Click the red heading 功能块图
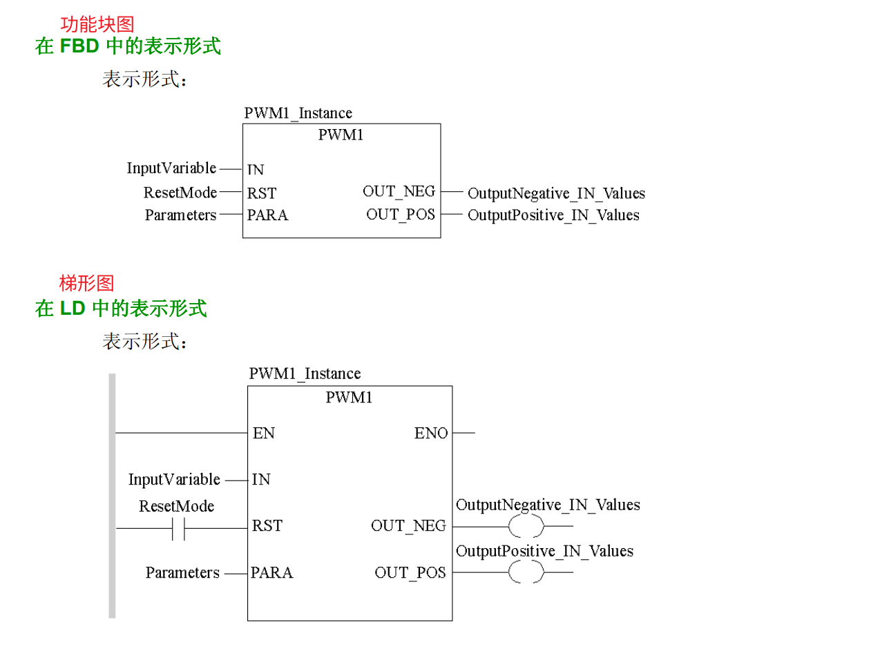(x=97, y=26)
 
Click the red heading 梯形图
(x=86, y=283)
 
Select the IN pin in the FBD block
(x=256, y=170)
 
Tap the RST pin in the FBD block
(x=262, y=193)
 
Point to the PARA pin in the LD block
(x=271, y=573)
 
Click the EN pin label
(x=264, y=434)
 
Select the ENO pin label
(x=431, y=434)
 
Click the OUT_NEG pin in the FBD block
(x=399, y=191)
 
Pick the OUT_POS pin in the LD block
(x=410, y=573)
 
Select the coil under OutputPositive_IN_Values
(x=526, y=573)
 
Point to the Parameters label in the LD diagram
(x=182, y=573)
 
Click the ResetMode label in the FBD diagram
(x=180, y=193)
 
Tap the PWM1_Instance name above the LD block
(x=305, y=374)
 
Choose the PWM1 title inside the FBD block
(x=341, y=135)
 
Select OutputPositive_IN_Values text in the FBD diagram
(x=553, y=215)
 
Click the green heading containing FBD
(x=128, y=47)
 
